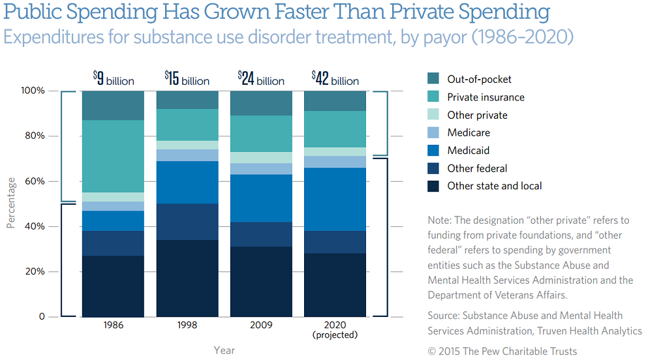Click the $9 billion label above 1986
pos(113,80)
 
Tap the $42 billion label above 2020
pos(335,80)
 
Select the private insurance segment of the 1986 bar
pos(113,156)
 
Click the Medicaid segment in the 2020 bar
pos(335,199)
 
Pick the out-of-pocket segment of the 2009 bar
pos(261,103)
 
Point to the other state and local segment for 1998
pos(187,278)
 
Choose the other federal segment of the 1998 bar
pos(187,222)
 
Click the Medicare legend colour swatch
pos(433,132)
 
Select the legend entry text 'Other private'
pos(477,115)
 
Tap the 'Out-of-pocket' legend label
pos(479,79)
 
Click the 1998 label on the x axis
pos(187,325)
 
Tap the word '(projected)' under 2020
pos(335,335)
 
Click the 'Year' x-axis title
pos(224,350)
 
